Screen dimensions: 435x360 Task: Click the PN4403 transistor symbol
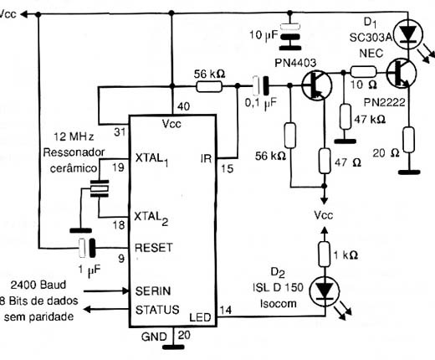tap(317, 85)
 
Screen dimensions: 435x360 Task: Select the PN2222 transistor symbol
tap(402, 73)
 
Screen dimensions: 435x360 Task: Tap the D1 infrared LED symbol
tap(408, 34)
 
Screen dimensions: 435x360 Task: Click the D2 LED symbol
tap(325, 291)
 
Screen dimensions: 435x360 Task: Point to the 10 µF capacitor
tap(290, 37)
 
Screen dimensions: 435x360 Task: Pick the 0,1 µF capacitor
tap(260, 85)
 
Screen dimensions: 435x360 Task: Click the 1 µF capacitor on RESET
tap(87, 248)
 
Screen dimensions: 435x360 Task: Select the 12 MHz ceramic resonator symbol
tap(100, 188)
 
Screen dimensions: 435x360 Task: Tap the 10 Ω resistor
tap(363, 72)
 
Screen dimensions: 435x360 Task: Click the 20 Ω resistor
tap(409, 140)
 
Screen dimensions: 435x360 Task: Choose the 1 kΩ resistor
tap(325, 255)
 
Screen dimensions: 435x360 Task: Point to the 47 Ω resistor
tap(325, 161)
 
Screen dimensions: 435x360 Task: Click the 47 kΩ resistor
tap(345, 116)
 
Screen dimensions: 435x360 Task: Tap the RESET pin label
tap(154, 248)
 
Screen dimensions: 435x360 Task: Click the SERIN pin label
tap(153, 291)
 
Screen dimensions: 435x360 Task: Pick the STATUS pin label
tap(157, 310)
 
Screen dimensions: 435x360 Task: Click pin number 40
tap(184, 106)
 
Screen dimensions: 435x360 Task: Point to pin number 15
tap(228, 168)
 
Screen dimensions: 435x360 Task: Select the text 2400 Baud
tap(38, 285)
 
